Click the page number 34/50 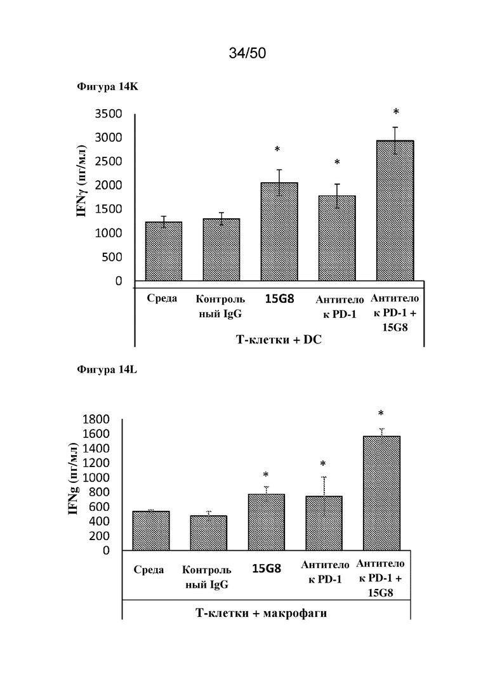247,53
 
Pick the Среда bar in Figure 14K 164,251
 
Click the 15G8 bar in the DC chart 279,232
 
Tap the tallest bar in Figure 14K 395,211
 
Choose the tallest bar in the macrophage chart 381,493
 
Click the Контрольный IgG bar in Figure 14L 209,533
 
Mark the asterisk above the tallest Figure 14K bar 395,112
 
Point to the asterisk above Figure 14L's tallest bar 381,414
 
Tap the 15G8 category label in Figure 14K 279,298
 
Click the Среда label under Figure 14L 149,569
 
